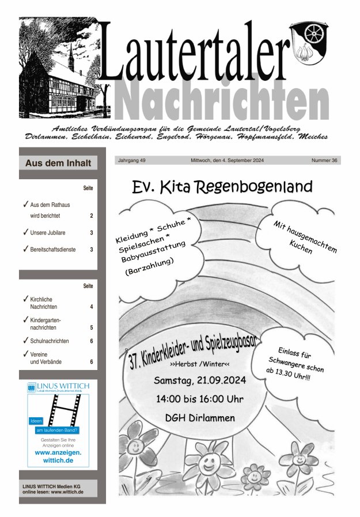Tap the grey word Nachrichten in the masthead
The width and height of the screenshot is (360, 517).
point(221,99)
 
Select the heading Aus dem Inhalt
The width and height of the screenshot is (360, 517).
point(58,163)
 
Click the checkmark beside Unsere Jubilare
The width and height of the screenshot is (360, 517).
point(25,232)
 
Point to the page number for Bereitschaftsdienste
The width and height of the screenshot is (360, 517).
point(91,250)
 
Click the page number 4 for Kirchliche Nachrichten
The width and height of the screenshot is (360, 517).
point(91,307)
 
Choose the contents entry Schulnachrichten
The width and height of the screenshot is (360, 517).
point(50,341)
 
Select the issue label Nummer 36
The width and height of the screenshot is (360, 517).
point(324,160)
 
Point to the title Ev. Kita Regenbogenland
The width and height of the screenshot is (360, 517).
point(222,187)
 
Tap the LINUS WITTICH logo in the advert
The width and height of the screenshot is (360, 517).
point(58,387)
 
